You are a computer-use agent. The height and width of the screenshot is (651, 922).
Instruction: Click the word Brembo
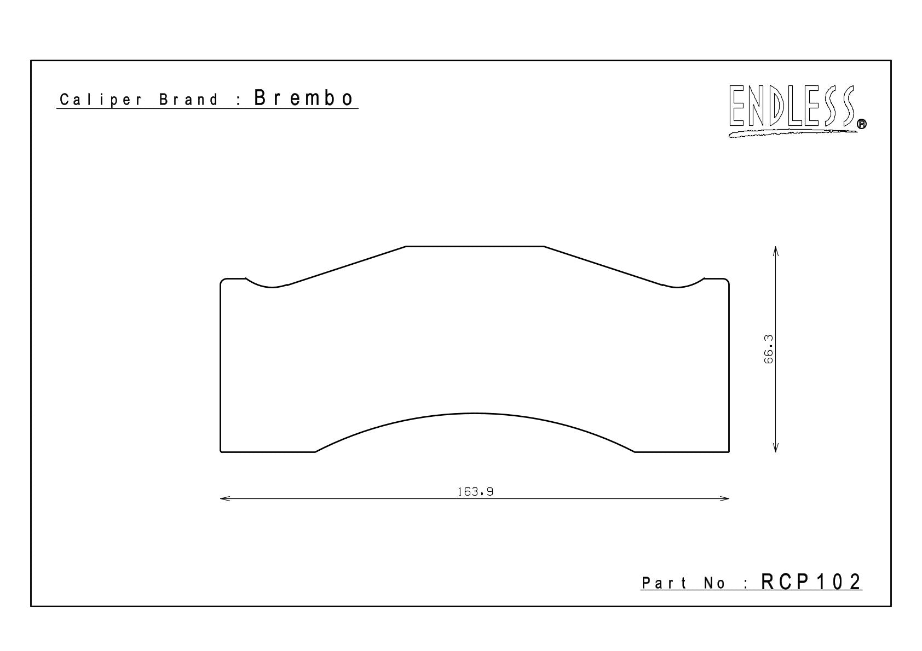coord(303,98)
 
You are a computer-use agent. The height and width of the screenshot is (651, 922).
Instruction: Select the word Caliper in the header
coord(101,100)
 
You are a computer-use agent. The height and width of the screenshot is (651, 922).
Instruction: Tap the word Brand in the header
coord(188,100)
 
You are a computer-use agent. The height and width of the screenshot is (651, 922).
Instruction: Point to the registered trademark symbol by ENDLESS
coord(861,124)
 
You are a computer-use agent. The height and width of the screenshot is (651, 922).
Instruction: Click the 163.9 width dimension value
coord(475,492)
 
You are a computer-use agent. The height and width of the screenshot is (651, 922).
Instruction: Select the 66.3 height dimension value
coord(768,349)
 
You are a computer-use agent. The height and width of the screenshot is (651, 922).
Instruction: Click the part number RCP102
coord(811,582)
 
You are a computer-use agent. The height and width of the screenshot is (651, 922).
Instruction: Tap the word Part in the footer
coord(664,583)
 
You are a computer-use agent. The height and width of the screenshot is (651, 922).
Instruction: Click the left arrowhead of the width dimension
coord(224,499)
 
